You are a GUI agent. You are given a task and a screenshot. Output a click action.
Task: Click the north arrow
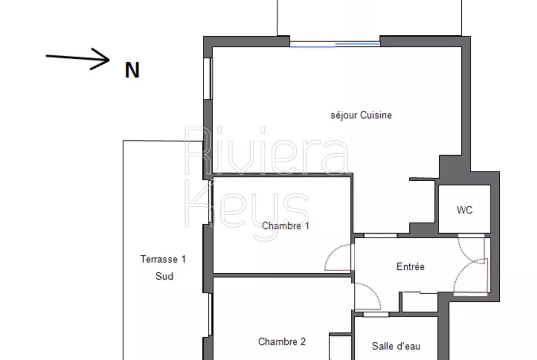[x=78, y=58]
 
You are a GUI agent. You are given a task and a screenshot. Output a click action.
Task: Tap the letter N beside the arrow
[x=132, y=70]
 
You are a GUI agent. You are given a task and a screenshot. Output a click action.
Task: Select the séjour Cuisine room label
[x=361, y=115]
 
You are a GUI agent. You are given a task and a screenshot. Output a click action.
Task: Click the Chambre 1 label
[x=285, y=226]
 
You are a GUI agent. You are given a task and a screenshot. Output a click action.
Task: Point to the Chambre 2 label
[x=282, y=342]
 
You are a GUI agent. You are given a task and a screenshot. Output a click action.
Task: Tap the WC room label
[x=464, y=210]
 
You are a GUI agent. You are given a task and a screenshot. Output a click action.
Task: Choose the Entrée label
[x=410, y=266]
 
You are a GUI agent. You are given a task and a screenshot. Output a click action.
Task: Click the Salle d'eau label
[x=396, y=346]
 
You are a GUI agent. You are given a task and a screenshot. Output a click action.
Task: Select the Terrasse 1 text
[x=163, y=259]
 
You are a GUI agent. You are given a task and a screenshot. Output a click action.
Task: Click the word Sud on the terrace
[x=164, y=276]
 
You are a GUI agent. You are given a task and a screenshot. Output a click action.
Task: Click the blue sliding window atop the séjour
[x=335, y=44]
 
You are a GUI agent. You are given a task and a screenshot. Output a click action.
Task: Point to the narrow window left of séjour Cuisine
[x=207, y=79]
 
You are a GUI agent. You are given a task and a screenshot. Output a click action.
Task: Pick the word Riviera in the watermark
[x=268, y=150]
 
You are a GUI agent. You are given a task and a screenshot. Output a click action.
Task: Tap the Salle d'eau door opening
[x=376, y=315]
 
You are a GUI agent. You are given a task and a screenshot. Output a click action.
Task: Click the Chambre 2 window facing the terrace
[x=210, y=315]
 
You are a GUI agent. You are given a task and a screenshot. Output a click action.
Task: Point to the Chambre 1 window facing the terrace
[x=210, y=202]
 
